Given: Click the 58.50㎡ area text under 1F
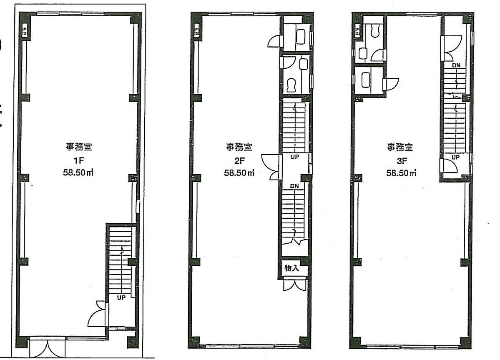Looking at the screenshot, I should [78, 172].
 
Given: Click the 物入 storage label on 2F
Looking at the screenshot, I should [292, 268].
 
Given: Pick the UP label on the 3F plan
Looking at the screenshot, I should [455, 157].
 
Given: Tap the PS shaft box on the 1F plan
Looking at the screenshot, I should [25, 30].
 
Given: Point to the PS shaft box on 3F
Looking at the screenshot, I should [357, 30].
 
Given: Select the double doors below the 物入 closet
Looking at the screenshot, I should [295, 285].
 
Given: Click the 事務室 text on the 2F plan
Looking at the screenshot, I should [239, 147].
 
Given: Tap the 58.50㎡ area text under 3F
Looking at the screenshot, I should [401, 173].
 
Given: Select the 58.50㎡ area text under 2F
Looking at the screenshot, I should [239, 173].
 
